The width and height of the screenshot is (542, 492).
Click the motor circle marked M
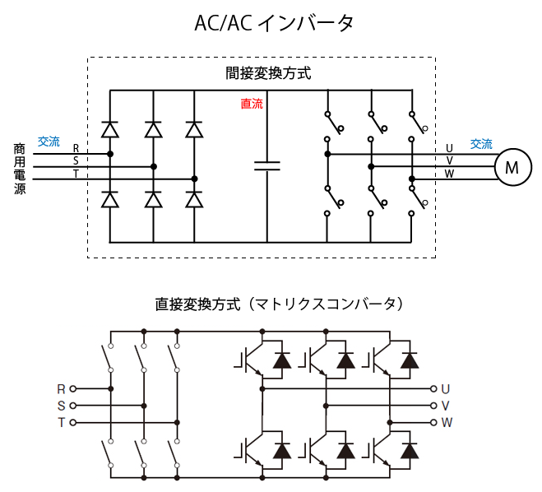(512, 167)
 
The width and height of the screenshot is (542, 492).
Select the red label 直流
(252, 104)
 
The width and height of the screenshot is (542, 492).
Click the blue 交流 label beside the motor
(481, 144)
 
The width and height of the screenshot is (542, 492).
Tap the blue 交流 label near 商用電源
(49, 142)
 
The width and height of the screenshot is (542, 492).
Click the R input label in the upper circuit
(76, 148)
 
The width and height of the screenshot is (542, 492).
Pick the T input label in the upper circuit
(76, 174)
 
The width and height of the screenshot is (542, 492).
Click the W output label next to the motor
(449, 174)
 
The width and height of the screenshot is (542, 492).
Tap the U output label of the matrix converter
(446, 388)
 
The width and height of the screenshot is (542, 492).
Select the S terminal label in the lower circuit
(61, 406)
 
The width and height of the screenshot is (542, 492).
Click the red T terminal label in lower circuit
(61, 423)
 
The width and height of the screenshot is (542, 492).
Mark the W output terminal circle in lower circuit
(433, 423)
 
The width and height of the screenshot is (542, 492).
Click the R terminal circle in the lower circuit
(72, 388)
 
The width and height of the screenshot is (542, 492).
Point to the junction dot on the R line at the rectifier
(110, 153)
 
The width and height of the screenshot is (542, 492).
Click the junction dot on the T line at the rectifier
(194, 179)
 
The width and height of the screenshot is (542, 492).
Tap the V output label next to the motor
(449, 160)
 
